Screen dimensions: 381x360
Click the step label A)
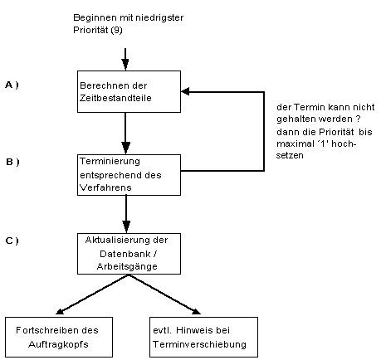[12, 85]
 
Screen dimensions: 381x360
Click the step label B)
[12, 162]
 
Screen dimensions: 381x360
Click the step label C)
[12, 241]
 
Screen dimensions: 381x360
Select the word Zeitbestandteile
[115, 98]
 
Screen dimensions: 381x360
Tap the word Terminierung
[110, 162]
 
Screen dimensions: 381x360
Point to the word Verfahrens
[105, 187]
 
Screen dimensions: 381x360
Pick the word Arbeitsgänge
[127, 266]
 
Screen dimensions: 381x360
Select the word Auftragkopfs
[58, 344]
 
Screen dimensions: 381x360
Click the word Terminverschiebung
[199, 344]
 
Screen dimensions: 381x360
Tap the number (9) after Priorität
[116, 30]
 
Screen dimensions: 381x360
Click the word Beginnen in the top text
[95, 17]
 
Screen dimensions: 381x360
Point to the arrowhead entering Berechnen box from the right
[185, 91]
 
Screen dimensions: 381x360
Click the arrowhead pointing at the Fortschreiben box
[60, 312]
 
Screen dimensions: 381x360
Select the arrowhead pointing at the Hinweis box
[197, 312]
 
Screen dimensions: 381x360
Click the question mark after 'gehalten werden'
[358, 119]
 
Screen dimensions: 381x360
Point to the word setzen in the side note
[290, 155]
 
